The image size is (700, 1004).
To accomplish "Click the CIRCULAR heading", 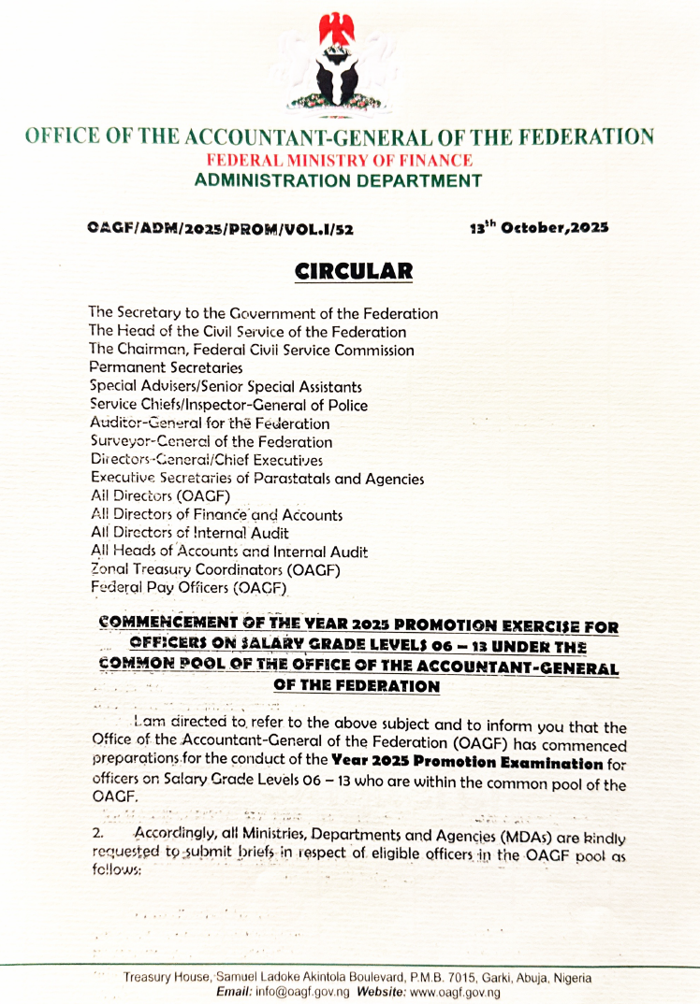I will point(353,272).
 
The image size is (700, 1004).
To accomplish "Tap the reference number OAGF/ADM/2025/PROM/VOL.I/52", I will point(221,227).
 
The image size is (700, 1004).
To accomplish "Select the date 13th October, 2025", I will point(538,227).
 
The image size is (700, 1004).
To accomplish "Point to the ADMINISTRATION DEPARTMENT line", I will point(338,180).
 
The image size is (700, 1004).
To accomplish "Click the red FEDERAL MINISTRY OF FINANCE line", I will point(339,160).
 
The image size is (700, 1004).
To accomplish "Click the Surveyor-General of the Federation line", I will point(211,441).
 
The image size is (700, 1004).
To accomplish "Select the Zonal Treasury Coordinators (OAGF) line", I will point(214,569).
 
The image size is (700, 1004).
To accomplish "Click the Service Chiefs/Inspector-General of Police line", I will point(228,405).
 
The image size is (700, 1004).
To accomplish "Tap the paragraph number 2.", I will point(96,831).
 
